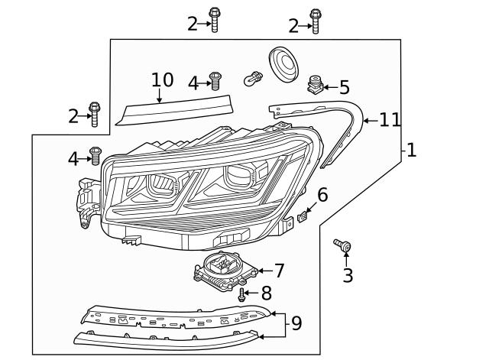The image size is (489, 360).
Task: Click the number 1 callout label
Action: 411,151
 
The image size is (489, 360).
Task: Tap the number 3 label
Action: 348,274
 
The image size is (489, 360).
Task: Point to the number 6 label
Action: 322,195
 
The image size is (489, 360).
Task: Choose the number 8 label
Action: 266,293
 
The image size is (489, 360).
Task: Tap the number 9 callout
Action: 296,323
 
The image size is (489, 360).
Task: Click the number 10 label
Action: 162,80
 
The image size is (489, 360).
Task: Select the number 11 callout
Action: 390,119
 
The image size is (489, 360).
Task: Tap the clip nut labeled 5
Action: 314,85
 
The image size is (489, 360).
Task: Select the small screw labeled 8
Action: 242,294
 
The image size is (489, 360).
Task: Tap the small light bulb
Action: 253,77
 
